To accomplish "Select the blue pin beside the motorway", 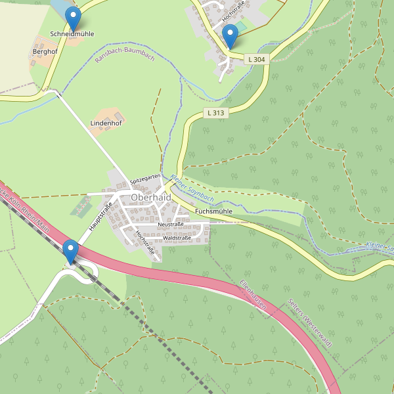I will [x=70, y=251].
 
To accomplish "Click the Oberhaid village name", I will [x=150, y=197].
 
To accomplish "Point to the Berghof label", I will [x=45, y=51].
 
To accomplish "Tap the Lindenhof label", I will [x=106, y=123].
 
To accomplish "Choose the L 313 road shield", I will [x=215, y=112].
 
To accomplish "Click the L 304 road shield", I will [x=257, y=59].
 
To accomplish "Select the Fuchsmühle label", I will [x=213, y=211].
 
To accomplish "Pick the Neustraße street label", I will [x=170, y=224].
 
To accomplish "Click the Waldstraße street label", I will [x=177, y=237].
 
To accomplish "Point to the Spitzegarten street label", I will [x=145, y=178].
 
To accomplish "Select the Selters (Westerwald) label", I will [x=311, y=322].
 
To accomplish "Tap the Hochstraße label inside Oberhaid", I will [x=145, y=242].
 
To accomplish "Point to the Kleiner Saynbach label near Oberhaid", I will [x=192, y=187].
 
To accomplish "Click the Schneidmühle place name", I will [x=72, y=33].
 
